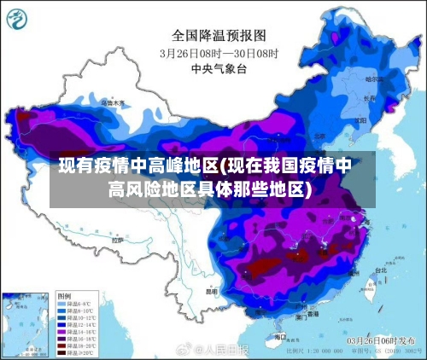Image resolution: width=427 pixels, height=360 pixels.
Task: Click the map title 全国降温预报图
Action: (219, 36)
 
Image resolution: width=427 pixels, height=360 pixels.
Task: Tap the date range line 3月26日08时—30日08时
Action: (219, 52)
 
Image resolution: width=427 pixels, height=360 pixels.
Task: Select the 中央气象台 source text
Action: (219, 67)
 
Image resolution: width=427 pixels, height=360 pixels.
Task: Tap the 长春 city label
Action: (369, 97)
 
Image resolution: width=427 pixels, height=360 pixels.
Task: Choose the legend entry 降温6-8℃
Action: (73, 303)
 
